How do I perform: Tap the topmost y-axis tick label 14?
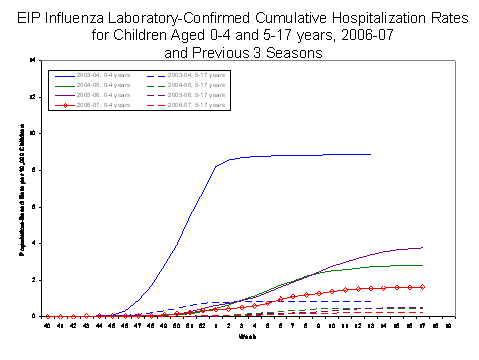point(34,60)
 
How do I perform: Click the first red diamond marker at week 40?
point(47,316)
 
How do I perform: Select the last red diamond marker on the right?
point(423,286)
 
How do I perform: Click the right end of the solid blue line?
point(370,154)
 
